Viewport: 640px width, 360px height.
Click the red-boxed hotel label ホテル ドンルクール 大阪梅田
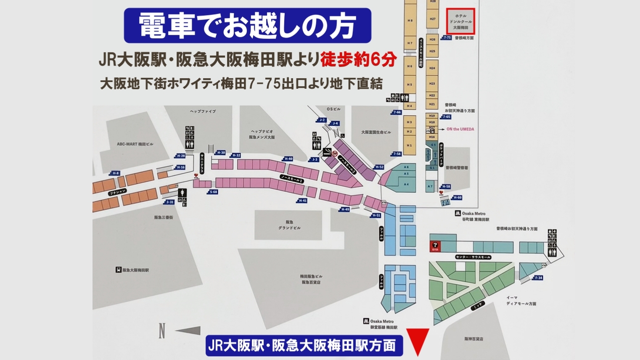(x=460, y=21)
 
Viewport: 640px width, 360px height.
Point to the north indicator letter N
(x=162, y=331)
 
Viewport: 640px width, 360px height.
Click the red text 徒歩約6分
(x=358, y=61)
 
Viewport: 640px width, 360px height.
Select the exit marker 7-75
(x=447, y=37)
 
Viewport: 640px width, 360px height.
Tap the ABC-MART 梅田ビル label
(x=135, y=144)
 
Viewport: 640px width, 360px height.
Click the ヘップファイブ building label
(x=203, y=111)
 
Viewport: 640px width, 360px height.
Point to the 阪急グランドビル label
(x=289, y=225)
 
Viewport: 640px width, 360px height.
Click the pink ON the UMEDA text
(x=460, y=129)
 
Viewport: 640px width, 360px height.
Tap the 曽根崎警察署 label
(x=457, y=167)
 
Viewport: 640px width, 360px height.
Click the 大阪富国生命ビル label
(x=376, y=132)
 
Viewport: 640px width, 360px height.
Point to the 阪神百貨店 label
(x=473, y=339)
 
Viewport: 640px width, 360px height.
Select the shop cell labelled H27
(x=432, y=19)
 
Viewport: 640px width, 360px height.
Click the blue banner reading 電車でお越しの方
(x=247, y=25)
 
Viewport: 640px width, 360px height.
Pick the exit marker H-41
(x=302, y=201)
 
